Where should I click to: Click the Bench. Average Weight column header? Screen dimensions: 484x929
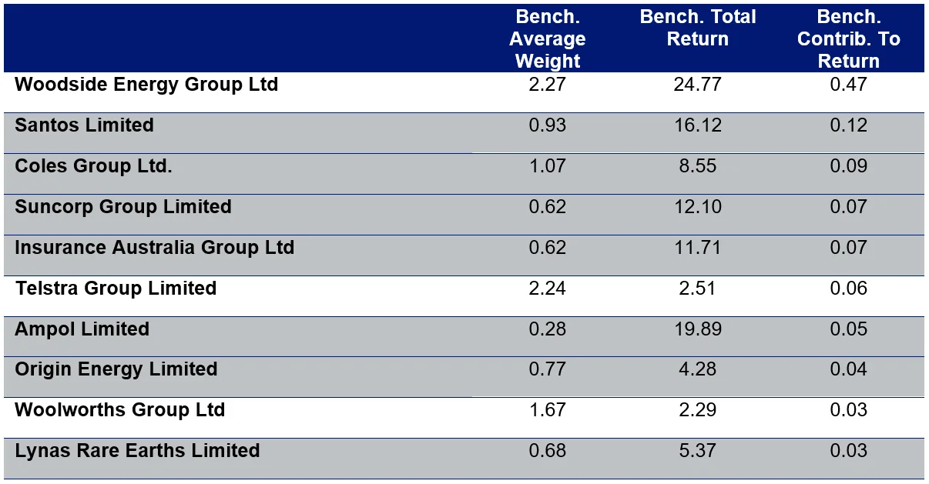547,39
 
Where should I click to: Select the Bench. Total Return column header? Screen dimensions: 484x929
698,28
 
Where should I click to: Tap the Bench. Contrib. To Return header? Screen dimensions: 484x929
848,39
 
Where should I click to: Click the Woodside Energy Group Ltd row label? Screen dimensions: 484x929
146,84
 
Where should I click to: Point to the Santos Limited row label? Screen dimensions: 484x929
84,125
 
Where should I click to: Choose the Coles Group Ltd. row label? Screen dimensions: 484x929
93,165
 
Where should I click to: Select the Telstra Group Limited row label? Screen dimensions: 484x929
116,288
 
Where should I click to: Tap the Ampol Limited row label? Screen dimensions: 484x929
82,329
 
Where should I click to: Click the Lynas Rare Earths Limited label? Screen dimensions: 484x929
137,450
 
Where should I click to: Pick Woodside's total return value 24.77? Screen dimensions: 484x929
697,84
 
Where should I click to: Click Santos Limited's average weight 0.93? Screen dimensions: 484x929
547,125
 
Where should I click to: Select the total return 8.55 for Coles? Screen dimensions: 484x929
697,165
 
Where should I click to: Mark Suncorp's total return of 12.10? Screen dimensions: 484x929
697,206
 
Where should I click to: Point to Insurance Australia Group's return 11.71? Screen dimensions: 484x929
697,247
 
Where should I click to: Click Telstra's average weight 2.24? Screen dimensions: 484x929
547,288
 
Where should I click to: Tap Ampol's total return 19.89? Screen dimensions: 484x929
697,329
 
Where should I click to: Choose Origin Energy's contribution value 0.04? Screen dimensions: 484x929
848,369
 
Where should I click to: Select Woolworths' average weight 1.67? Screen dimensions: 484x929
547,409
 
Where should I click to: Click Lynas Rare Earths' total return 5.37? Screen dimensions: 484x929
697,450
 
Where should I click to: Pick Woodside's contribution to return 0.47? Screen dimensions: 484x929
848,84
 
